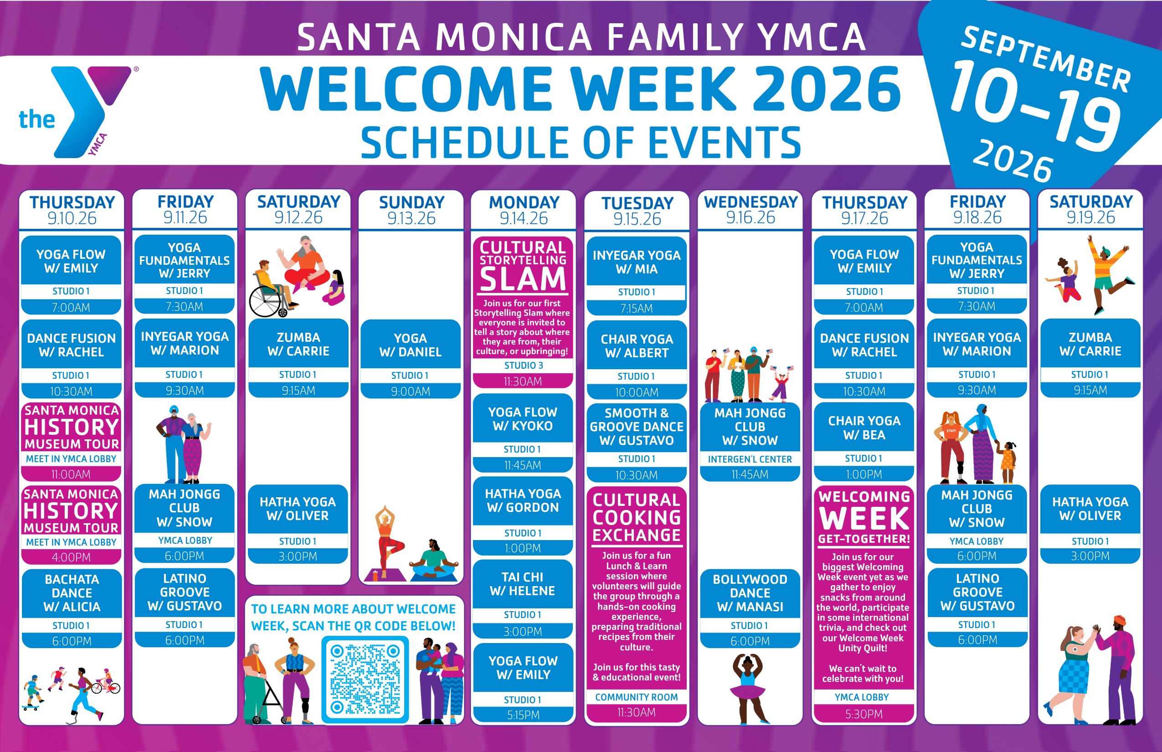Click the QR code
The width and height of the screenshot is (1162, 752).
365,680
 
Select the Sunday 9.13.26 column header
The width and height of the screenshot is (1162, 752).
411,210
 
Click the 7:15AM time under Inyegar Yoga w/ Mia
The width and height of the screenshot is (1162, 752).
636,309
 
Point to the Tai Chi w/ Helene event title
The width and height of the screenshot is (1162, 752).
522,584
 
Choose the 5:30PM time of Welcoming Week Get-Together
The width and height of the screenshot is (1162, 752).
864,714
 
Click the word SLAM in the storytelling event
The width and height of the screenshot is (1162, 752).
523,279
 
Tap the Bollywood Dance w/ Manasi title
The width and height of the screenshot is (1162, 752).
750,593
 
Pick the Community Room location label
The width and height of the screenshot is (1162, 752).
636,697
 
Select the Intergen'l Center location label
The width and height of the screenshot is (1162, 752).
750,459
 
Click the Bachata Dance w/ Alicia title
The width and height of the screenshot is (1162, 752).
72,593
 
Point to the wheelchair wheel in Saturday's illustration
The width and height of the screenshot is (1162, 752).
265,302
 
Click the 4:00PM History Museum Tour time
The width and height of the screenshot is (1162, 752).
71,557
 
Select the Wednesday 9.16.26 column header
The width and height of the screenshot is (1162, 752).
751,210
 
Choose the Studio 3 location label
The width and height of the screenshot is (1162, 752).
524,365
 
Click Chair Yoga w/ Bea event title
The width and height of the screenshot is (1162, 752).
864,428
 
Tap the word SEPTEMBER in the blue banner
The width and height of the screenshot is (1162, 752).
1046,59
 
